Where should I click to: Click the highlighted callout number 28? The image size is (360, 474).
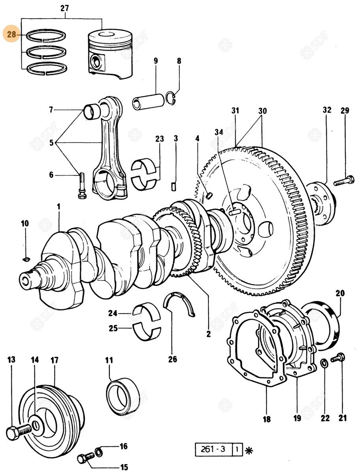[11, 35]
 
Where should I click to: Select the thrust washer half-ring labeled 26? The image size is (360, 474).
[180, 304]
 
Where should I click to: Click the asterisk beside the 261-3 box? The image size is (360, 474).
[248, 450]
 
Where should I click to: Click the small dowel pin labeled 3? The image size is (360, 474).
[174, 185]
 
